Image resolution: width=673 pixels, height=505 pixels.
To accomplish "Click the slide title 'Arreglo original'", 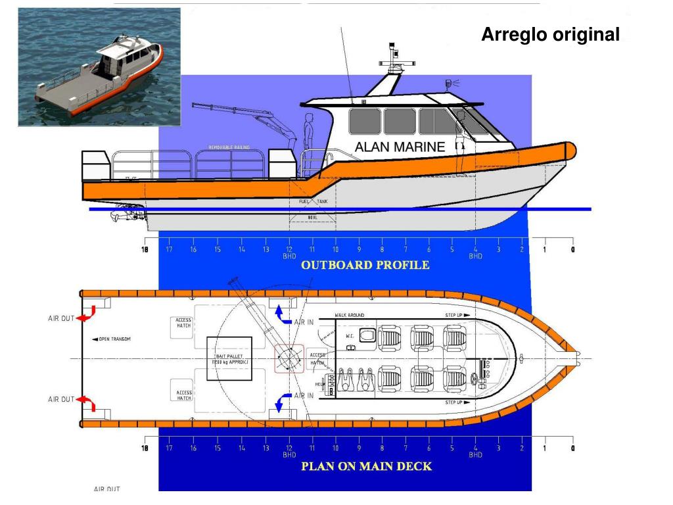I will (550, 34).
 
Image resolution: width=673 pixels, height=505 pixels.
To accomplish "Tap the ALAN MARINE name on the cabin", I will (400, 147).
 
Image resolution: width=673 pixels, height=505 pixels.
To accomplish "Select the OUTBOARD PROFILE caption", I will (365, 265).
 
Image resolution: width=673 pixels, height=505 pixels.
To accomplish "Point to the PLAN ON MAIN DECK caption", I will (366, 466).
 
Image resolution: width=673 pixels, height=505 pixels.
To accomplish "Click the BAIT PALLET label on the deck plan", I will (229, 359).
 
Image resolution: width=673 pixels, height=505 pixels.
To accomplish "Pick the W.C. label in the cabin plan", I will (350, 336).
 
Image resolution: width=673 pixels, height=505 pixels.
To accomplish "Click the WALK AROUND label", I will (349, 316).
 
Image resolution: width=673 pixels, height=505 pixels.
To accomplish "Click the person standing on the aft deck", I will (308, 135).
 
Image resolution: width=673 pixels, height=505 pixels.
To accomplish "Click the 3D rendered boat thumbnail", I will (99, 66).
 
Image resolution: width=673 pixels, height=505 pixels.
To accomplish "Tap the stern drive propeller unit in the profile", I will (128, 211).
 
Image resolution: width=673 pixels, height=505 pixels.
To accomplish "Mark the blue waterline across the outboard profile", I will (342, 209).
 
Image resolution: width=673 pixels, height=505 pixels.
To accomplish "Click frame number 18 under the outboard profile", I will (145, 249).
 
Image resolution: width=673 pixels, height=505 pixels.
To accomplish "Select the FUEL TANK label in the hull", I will (313, 202).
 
